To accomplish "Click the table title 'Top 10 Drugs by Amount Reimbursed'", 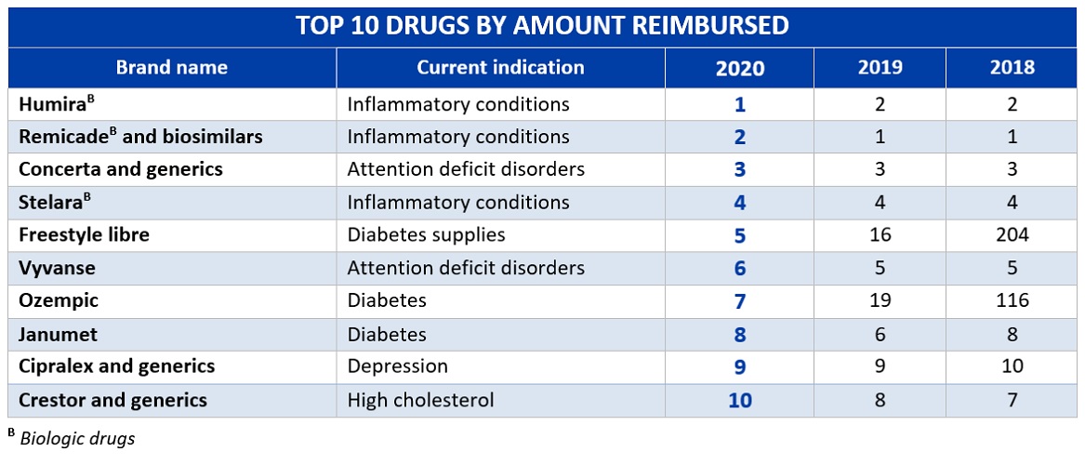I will pyautogui.click(x=542, y=25).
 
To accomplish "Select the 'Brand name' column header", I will pyautogui.click(x=171, y=68).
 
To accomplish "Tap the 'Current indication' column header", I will pyautogui.click(x=500, y=68).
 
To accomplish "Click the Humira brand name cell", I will pyautogui.click(x=52, y=103).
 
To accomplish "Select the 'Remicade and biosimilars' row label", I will pyautogui.click(x=140, y=137).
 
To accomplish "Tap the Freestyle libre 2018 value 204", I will pyautogui.click(x=1012, y=234).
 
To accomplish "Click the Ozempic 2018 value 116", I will pyautogui.click(x=1012, y=300).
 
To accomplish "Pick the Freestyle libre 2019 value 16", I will pyautogui.click(x=880, y=234).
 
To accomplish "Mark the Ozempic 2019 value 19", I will pyautogui.click(x=880, y=300).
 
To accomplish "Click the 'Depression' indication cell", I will pyautogui.click(x=397, y=366).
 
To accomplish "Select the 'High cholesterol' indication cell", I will pyautogui.click(x=420, y=400).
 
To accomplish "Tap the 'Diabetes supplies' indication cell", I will pyautogui.click(x=426, y=234).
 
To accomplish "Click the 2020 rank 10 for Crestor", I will pyautogui.click(x=740, y=400).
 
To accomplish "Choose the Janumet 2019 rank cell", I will pyautogui.click(x=880, y=334).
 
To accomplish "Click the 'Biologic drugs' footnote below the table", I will pyautogui.click(x=76, y=439).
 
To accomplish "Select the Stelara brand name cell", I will pyautogui.click(x=52, y=202).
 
